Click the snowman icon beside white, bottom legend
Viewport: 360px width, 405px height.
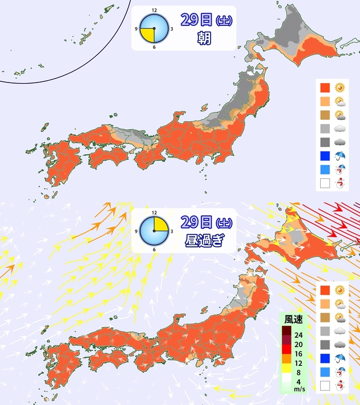(340, 386)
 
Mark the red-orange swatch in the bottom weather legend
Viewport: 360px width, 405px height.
(325, 289)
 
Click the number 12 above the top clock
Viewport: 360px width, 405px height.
(154, 10)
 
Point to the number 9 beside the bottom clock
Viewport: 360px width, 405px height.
(136, 231)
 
